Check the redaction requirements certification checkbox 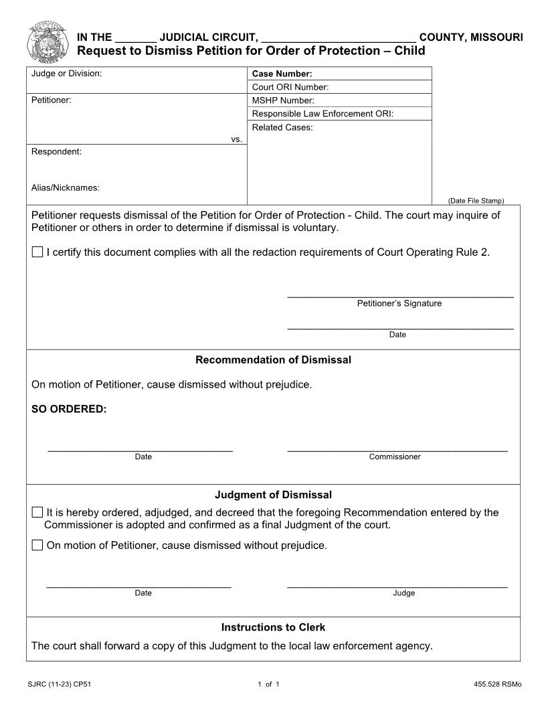(37, 252)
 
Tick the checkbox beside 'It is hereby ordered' (37, 512)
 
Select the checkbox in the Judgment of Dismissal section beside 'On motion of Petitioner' (37, 545)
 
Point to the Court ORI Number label (290, 87)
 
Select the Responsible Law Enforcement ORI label (323, 114)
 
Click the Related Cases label (282, 127)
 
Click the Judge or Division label (66, 73)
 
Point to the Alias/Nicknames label (65, 187)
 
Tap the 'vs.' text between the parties (236, 139)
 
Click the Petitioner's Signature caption (399, 303)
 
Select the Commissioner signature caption (395, 457)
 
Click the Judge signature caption (403, 593)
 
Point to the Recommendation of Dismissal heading (273, 360)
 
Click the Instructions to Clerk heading (273, 627)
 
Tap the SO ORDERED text (69, 409)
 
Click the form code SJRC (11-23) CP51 (60, 684)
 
